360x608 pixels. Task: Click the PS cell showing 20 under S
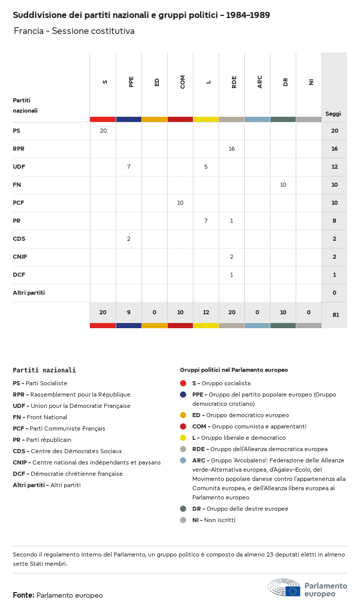tap(103, 131)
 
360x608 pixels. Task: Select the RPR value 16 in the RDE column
tap(231, 149)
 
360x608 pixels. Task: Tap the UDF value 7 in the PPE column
tap(129, 167)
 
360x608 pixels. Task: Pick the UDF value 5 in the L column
tap(206, 167)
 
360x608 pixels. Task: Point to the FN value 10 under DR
tap(283, 185)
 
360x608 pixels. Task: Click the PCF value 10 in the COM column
tap(180, 203)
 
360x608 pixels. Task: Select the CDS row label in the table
tap(19, 239)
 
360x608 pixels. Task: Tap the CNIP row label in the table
tap(20, 257)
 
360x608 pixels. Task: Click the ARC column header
tap(260, 82)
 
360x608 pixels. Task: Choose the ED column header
tap(157, 82)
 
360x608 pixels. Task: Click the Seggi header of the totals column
tap(333, 114)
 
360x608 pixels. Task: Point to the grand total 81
tap(336, 315)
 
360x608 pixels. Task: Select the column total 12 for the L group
tap(206, 312)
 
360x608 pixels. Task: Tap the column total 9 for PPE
tap(129, 312)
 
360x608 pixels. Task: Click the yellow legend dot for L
tap(183, 438)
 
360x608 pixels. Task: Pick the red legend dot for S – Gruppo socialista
tap(183, 383)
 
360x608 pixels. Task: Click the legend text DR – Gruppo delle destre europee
tap(240, 509)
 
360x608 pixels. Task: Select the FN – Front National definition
tap(40, 417)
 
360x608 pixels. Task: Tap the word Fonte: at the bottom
tap(24, 595)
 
